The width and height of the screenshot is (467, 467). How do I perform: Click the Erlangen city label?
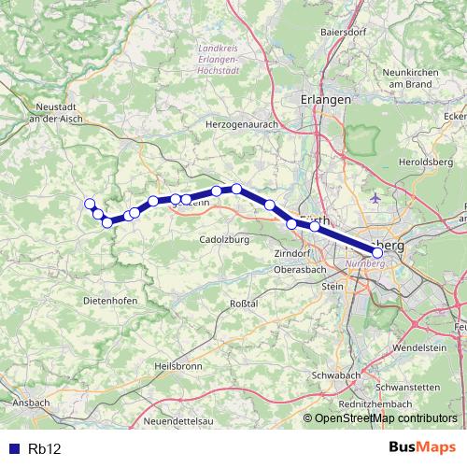point(326,99)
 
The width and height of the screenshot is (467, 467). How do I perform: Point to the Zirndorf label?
point(291,253)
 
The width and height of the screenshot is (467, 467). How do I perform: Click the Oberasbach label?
point(299,269)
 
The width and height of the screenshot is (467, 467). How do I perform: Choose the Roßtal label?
point(243,304)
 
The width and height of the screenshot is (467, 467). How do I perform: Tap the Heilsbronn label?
point(178,366)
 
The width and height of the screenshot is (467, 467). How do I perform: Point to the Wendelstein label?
point(422,347)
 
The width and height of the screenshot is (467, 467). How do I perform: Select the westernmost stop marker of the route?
point(90,204)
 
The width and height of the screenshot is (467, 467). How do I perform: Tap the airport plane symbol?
point(375,198)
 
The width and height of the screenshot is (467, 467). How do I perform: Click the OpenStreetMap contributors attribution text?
point(386,418)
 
